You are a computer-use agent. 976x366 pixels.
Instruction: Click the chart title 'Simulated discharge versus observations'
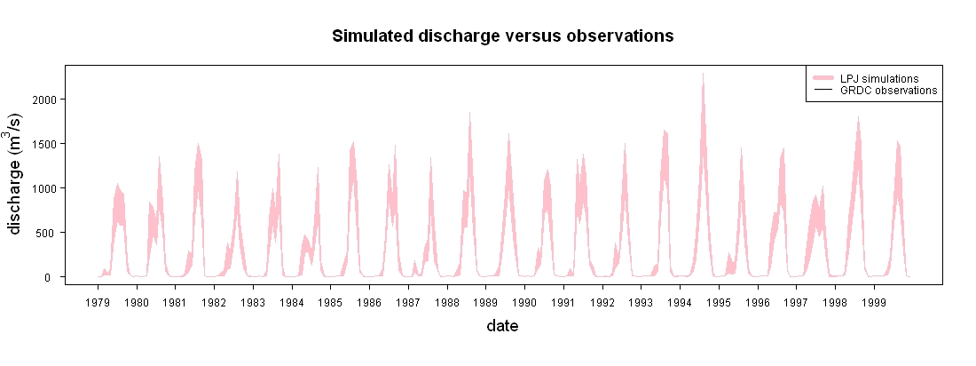tap(503, 36)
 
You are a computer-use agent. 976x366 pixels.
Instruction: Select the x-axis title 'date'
tap(502, 325)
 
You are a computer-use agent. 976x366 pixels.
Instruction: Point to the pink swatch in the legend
tap(823, 78)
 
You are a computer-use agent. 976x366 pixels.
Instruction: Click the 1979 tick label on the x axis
tap(98, 302)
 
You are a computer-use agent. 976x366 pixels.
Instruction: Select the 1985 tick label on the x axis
tap(331, 302)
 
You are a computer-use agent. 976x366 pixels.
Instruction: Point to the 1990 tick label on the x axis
tap(524, 302)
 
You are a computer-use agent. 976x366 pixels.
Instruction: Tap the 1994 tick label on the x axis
tap(681, 302)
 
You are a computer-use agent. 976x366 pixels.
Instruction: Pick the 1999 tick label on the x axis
tap(875, 302)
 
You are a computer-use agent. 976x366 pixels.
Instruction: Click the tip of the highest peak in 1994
tap(704, 74)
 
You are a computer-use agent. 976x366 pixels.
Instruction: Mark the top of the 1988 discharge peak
tap(470, 113)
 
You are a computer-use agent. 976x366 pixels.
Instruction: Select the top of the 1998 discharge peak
tap(858, 117)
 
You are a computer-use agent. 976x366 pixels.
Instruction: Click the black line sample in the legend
tap(823, 91)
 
